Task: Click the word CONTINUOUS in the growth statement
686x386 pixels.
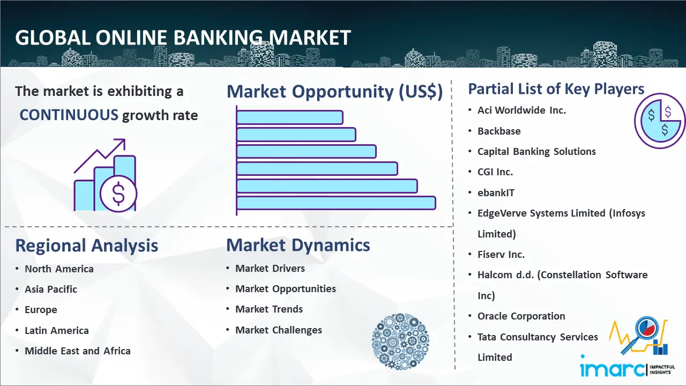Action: pos(69,115)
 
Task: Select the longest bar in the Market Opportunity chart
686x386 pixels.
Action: pos(336,203)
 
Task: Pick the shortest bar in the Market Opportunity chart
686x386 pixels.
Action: pos(290,117)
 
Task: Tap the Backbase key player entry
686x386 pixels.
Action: pos(499,131)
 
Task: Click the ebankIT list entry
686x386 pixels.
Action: pos(496,192)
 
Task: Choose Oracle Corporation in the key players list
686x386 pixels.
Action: pos(521,316)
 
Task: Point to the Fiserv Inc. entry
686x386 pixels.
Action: pos(501,254)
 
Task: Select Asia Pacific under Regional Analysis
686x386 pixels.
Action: pos(51,289)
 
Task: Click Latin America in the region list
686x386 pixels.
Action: pos(57,331)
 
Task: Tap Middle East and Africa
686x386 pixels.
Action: pos(78,351)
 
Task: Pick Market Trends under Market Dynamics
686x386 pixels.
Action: pos(269,309)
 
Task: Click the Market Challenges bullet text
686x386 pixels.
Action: pos(279,330)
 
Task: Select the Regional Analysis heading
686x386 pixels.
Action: pos(87,246)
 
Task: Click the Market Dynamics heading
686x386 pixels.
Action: pos(298,245)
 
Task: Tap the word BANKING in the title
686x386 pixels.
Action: pos(218,38)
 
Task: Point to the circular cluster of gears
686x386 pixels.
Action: pos(400,342)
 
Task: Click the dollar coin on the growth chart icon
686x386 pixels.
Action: pos(118,194)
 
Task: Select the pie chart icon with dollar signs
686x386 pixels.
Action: pos(660,121)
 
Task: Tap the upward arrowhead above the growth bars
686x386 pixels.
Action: pos(121,143)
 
